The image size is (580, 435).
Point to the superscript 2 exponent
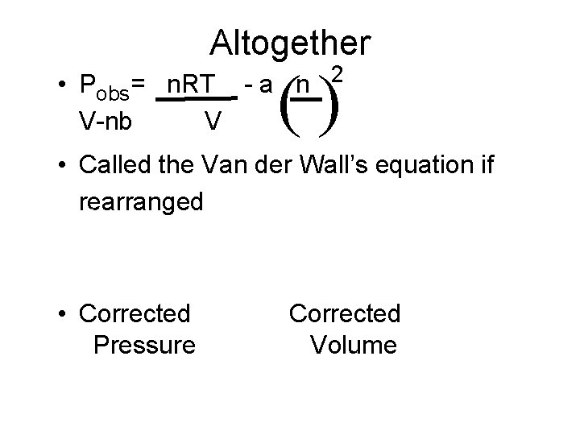[339, 77]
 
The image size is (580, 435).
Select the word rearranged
[141, 200]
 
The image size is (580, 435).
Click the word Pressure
[144, 345]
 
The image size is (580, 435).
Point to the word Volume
[353, 345]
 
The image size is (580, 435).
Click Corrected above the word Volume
[344, 312]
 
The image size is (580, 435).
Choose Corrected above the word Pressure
[135, 312]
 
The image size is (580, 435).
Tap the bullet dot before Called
[62, 167]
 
